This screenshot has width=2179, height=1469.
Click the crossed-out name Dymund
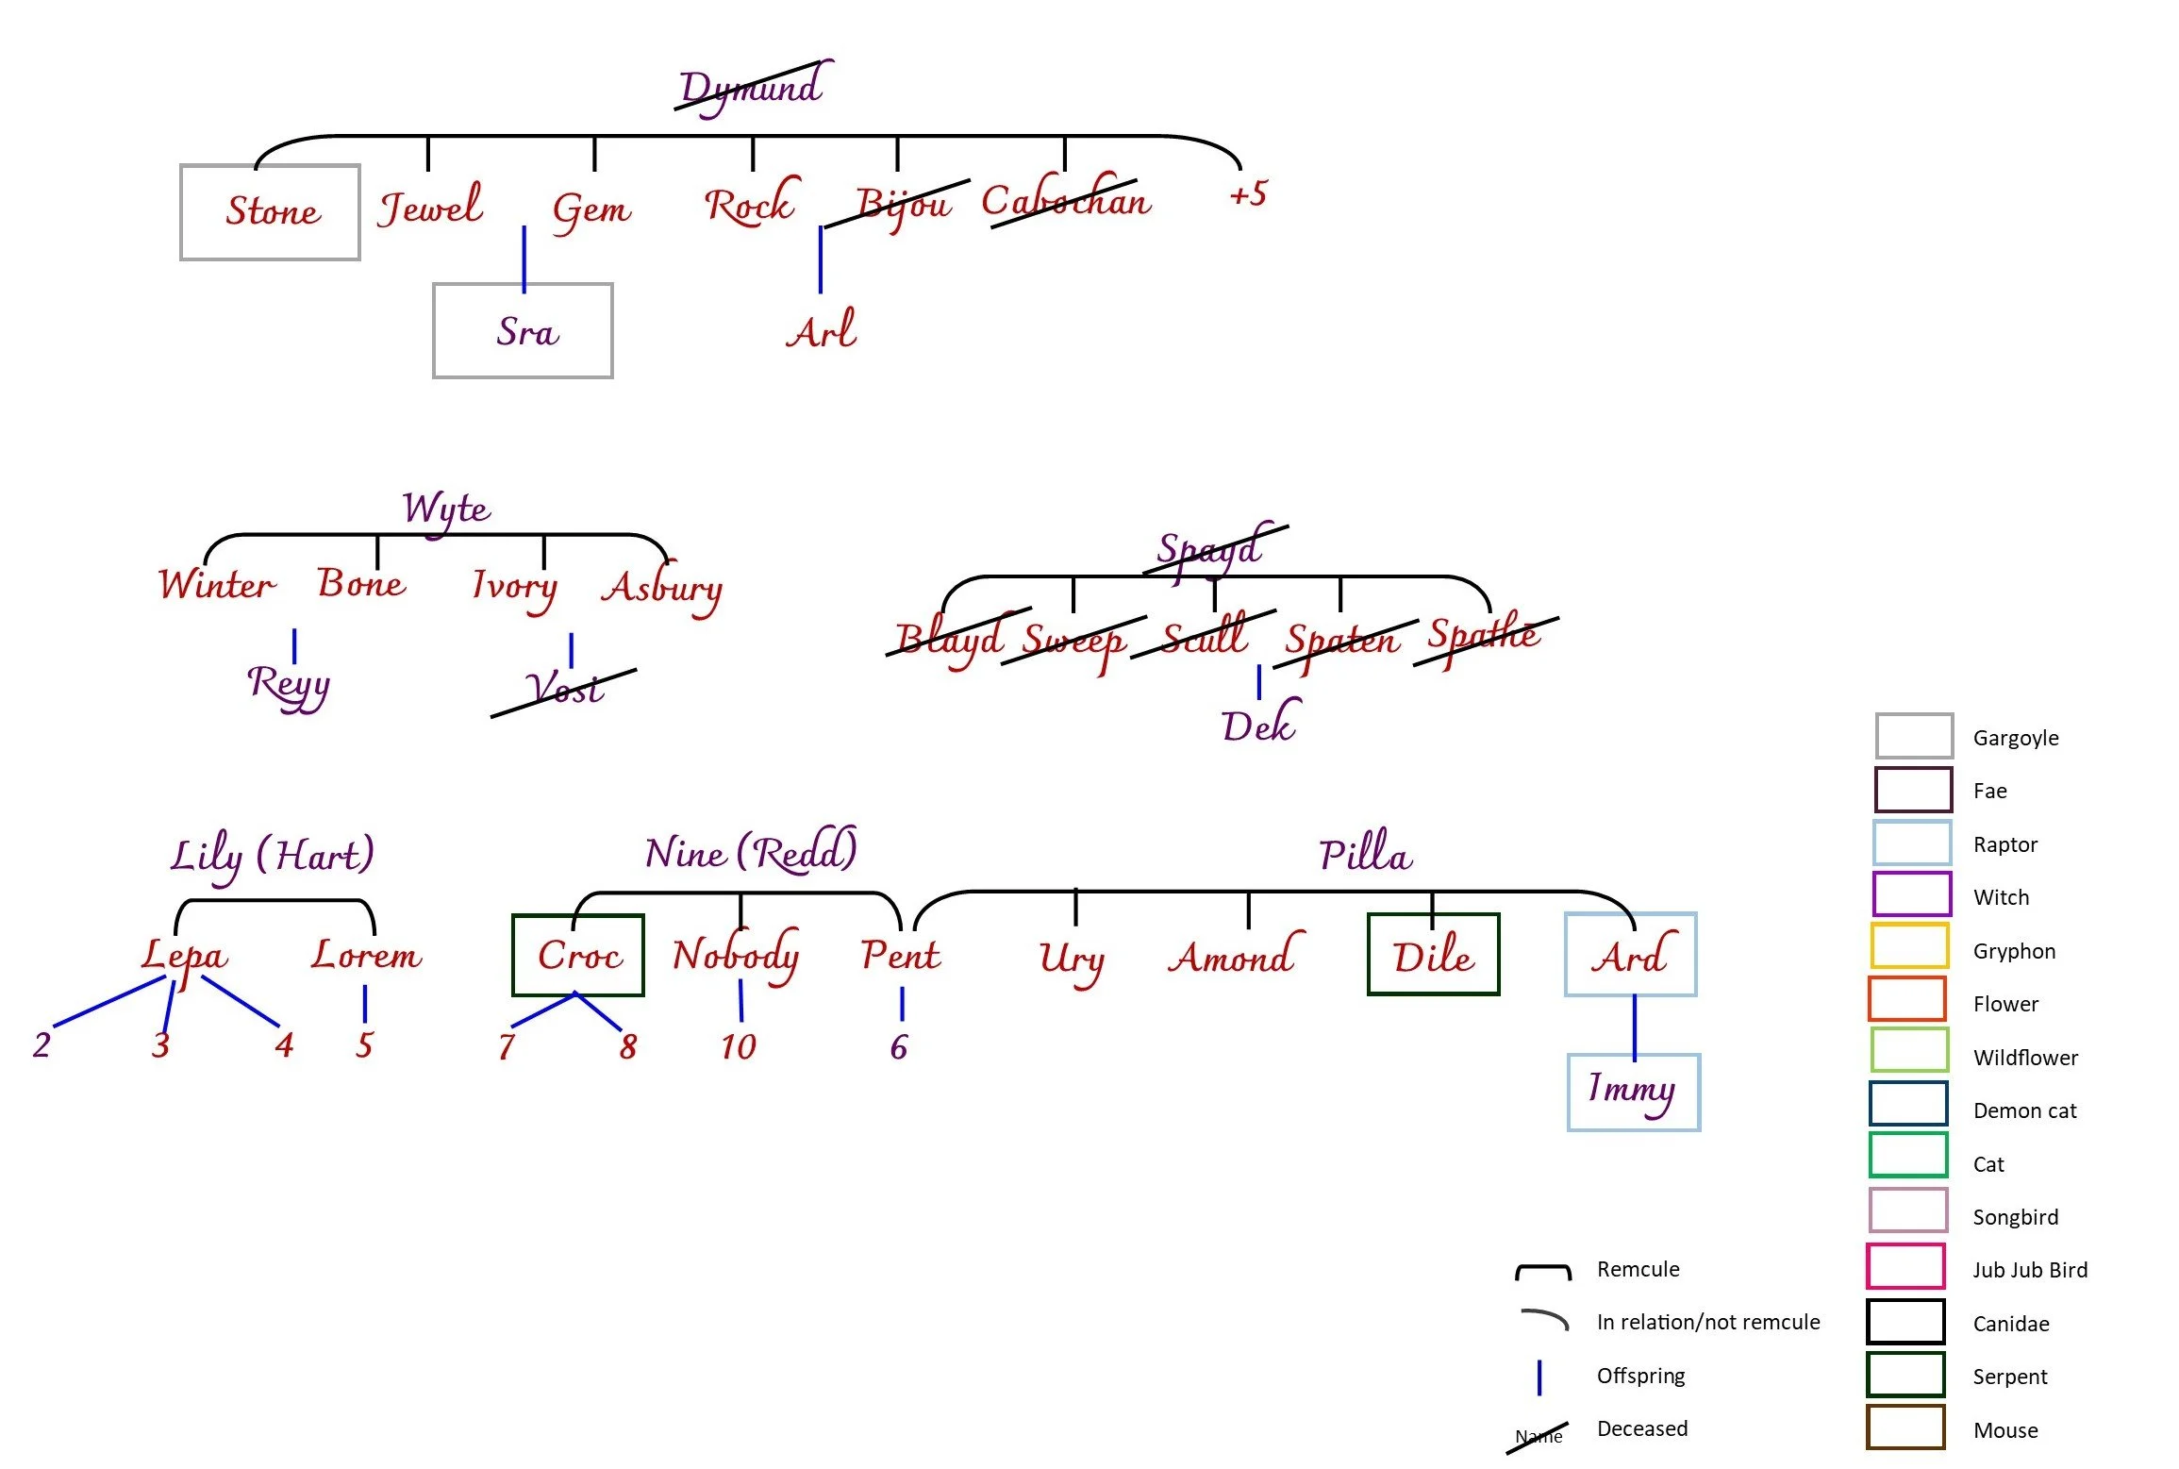pos(752,88)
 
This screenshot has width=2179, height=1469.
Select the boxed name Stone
pos(271,211)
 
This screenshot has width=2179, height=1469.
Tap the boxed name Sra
pos(524,331)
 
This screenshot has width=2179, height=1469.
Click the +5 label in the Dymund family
pos(1248,194)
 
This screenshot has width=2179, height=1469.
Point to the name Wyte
pos(446,509)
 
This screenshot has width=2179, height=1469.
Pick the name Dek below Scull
pos(1259,726)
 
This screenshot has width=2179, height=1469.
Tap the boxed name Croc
pos(578,956)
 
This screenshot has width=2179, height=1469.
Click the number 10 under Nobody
pos(739,1046)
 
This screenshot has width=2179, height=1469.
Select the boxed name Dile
pos(1433,956)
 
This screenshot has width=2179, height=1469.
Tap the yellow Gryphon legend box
pos(1909,946)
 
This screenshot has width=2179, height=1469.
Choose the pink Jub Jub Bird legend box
pos(1905,1266)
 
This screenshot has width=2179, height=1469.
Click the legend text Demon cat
pos(2024,1111)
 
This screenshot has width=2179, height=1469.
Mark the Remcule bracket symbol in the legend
pos(1543,1271)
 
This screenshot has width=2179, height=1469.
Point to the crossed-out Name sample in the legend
pos(1539,1436)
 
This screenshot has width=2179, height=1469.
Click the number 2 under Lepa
pos(42,1045)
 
